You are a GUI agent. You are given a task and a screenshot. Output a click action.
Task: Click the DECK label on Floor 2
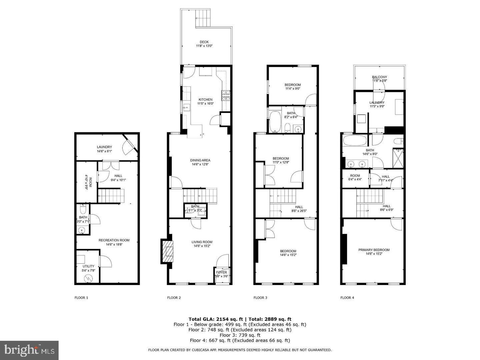[x=204, y=42]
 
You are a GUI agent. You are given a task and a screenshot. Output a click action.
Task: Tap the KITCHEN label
[x=205, y=100]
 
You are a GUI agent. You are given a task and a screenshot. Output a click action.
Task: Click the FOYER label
[x=222, y=272]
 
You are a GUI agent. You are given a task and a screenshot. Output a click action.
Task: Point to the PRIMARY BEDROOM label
[x=374, y=250]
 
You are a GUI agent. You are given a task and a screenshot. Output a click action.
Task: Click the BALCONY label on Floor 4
[x=379, y=77]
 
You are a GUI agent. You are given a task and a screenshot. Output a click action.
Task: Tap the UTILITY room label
[x=88, y=266]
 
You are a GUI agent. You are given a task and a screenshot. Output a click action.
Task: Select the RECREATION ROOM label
[x=114, y=240]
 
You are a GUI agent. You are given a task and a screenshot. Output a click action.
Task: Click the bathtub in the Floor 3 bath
[x=275, y=122]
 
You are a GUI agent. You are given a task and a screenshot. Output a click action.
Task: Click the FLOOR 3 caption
[x=260, y=298]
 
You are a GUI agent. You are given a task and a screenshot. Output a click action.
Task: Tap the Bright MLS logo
[x=29, y=350]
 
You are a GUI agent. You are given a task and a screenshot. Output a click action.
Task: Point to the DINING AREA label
[x=201, y=160]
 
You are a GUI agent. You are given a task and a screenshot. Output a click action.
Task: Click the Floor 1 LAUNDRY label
[x=104, y=147]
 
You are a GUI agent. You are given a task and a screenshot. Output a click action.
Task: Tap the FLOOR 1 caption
[x=81, y=298]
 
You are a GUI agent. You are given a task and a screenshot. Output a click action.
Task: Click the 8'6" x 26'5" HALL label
[x=299, y=207]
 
